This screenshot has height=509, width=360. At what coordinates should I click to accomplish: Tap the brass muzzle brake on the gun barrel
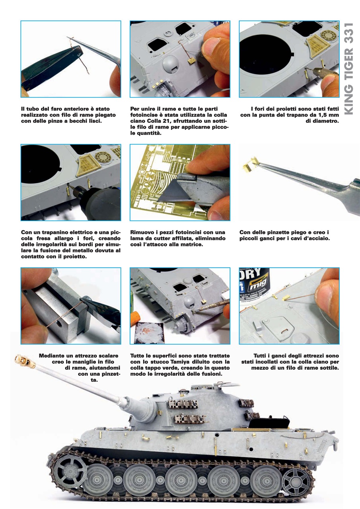[x=25, y=362]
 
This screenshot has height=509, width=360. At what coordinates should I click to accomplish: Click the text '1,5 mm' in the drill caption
[x=328, y=115]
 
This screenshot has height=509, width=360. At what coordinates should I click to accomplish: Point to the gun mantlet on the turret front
[x=146, y=409]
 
